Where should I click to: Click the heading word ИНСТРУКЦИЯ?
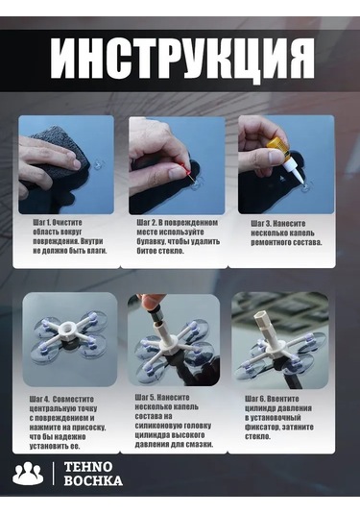(x=180, y=61)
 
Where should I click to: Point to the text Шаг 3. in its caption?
(x=258, y=222)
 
